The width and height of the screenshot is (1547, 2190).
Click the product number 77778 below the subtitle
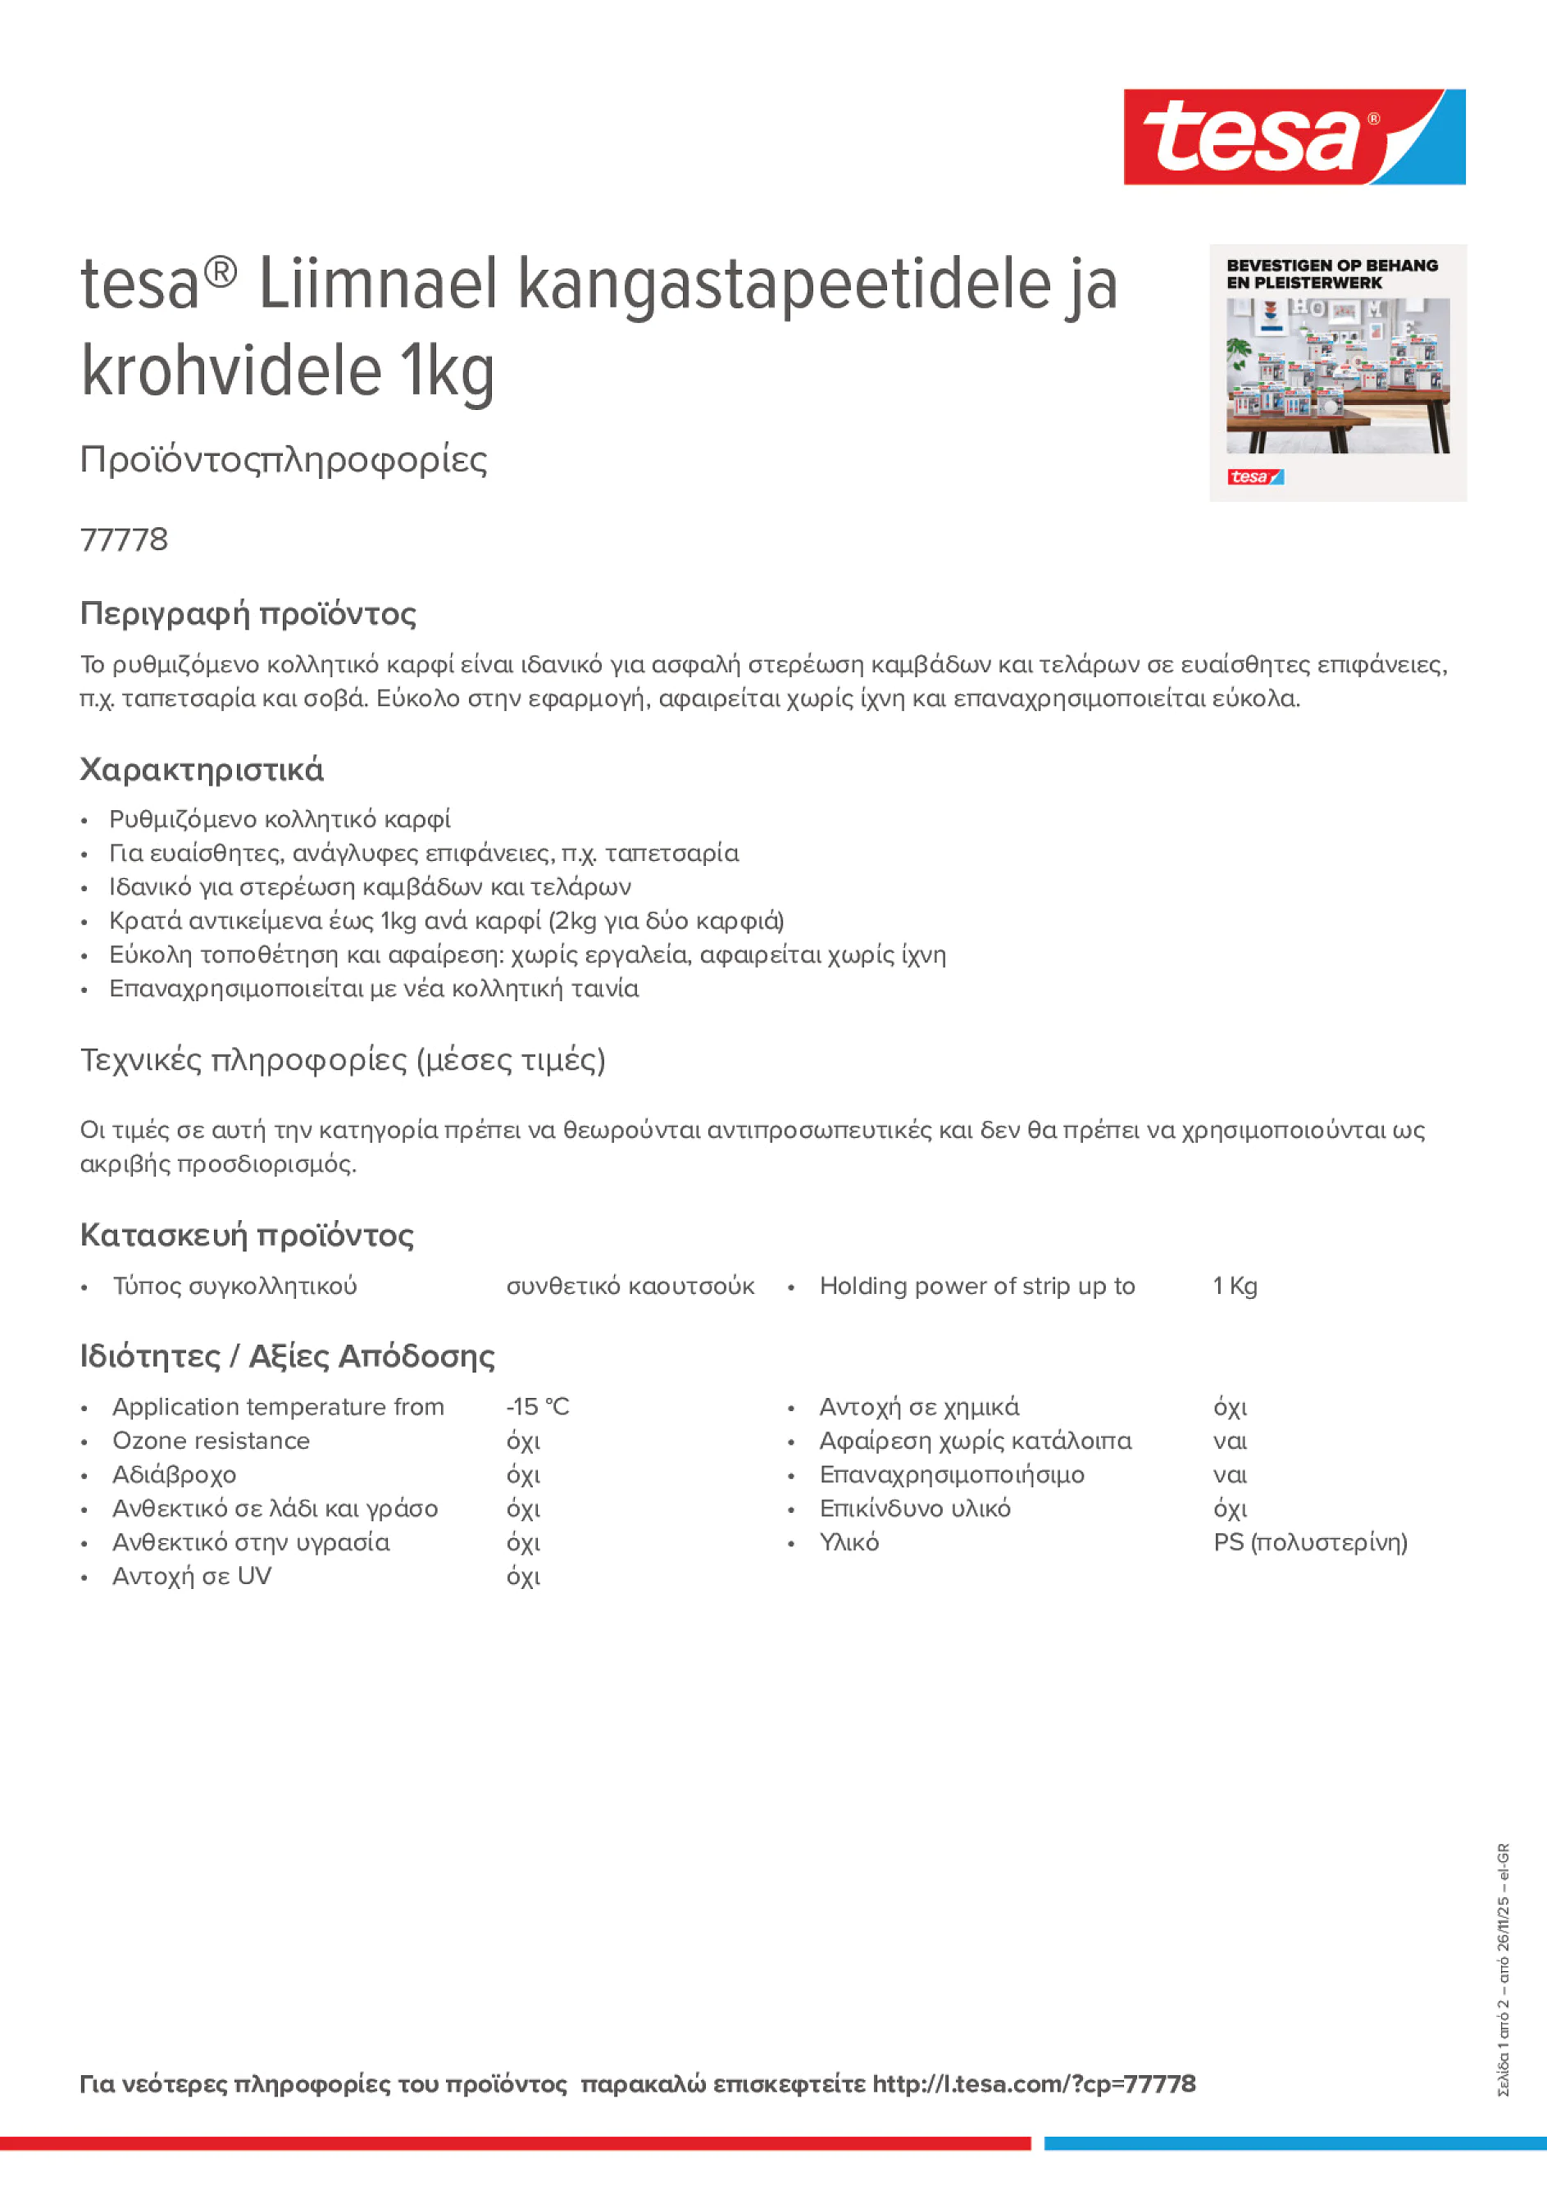pos(124,540)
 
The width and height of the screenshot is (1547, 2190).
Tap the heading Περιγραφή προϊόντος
pos(248,613)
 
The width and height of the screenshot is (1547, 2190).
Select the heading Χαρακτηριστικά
pos(201,770)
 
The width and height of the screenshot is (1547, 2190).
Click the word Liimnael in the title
pos(378,285)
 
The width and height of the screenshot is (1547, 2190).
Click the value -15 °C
pos(537,1407)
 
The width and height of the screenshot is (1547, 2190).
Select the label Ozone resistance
pos(211,1441)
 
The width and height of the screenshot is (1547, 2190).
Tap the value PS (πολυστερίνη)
pos(1309,1542)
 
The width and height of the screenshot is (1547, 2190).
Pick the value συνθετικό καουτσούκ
pos(630,1286)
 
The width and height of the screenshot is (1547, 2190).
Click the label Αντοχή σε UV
pos(192,1576)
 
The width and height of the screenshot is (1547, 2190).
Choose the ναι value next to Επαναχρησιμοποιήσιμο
pos(1230,1475)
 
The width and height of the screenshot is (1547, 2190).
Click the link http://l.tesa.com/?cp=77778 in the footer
pos(1033,2084)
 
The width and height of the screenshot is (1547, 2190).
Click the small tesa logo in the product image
pos(1254,477)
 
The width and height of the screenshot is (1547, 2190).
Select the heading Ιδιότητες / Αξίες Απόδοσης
pos(287,1356)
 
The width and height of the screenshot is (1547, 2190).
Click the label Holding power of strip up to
pos(976,1286)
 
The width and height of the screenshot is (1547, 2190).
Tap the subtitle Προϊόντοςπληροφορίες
pos(284,460)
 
